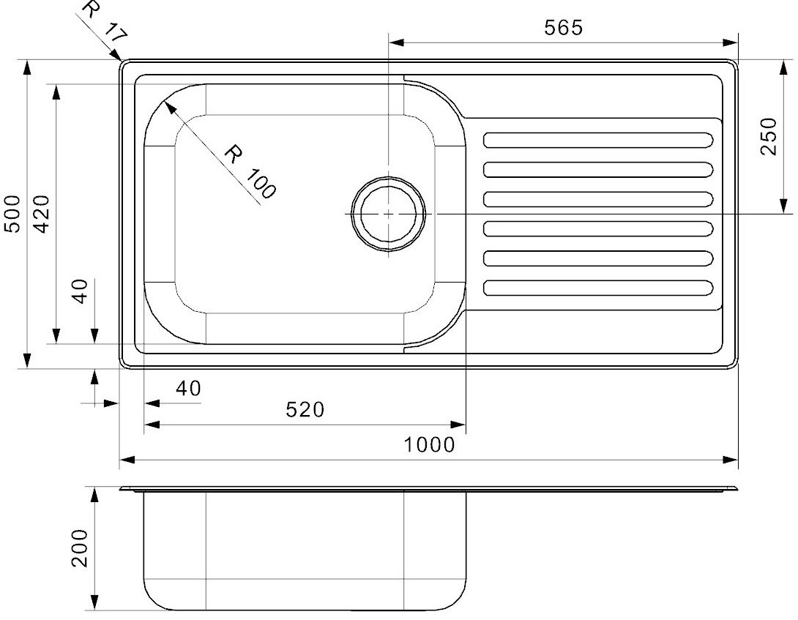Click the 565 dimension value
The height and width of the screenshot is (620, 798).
click(x=563, y=28)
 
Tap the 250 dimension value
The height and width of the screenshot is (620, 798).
click(x=769, y=136)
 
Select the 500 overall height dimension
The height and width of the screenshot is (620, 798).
click(x=12, y=214)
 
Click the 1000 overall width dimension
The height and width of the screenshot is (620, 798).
click(x=429, y=445)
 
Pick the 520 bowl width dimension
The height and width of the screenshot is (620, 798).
click(x=305, y=409)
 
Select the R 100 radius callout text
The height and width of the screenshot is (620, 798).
click(x=250, y=171)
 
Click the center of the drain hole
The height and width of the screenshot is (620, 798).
click(x=389, y=214)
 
